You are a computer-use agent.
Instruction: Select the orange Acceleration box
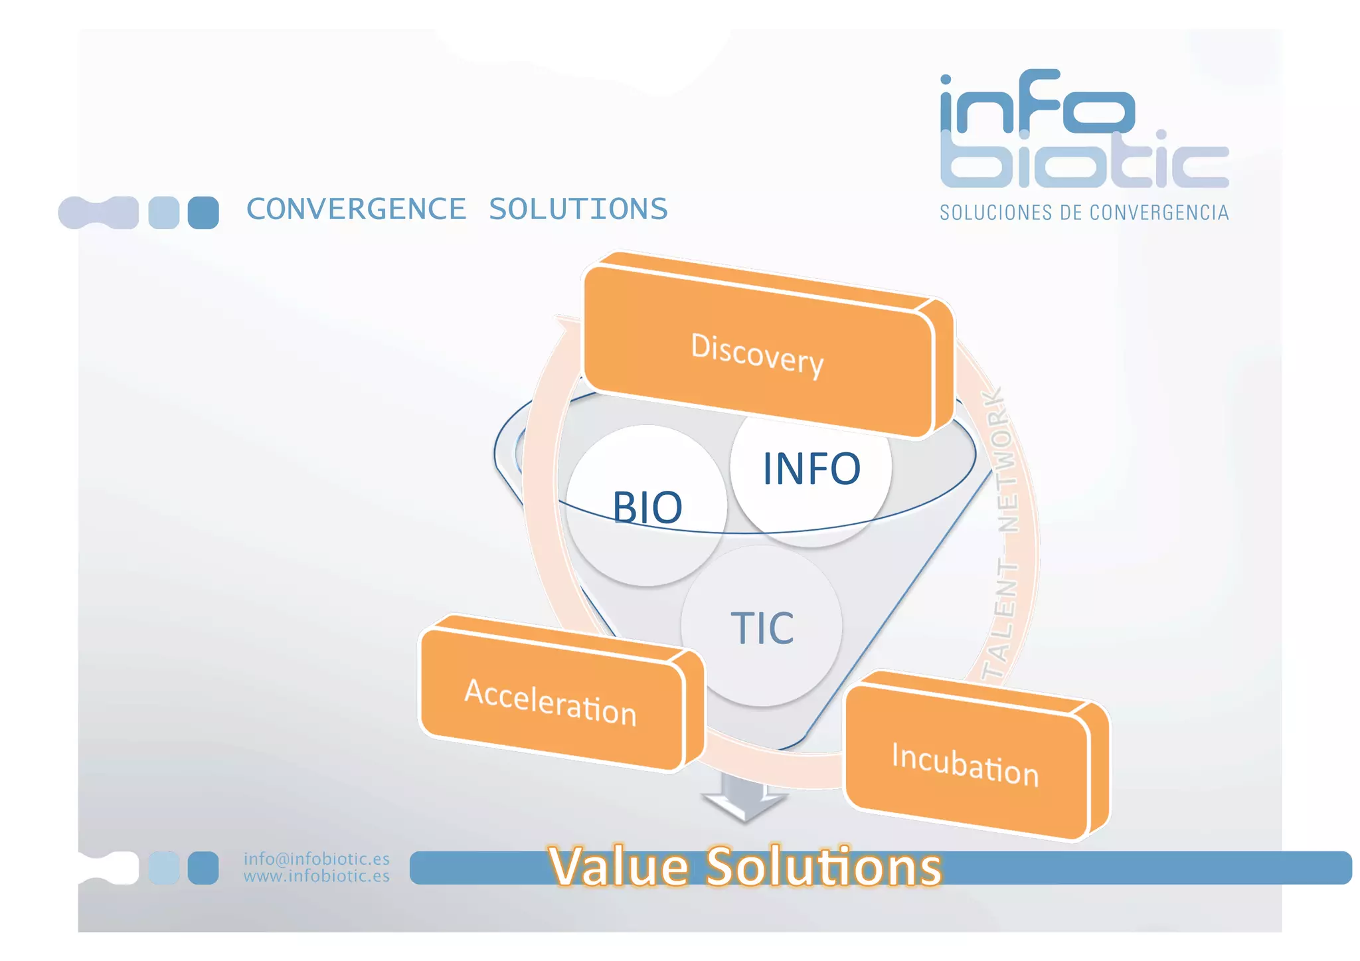(x=551, y=701)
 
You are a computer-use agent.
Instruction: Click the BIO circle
(x=646, y=508)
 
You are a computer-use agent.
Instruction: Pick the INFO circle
(x=811, y=469)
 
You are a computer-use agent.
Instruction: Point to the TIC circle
(x=762, y=628)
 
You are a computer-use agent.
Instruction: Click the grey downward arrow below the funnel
(x=744, y=800)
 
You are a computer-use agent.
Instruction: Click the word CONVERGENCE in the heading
(x=356, y=209)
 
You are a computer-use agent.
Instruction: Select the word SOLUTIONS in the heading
(x=578, y=209)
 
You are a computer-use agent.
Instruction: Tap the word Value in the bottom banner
(x=618, y=867)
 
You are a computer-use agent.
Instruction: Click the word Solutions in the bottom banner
(x=823, y=867)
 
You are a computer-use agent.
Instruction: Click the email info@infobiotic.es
(x=316, y=859)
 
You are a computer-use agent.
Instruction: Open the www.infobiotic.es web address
(x=316, y=876)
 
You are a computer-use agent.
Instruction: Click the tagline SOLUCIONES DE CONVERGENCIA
(x=1084, y=213)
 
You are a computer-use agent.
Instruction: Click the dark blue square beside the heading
(x=203, y=213)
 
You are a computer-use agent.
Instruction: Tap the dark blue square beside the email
(x=203, y=867)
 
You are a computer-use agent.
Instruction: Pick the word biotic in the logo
(x=1084, y=159)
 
